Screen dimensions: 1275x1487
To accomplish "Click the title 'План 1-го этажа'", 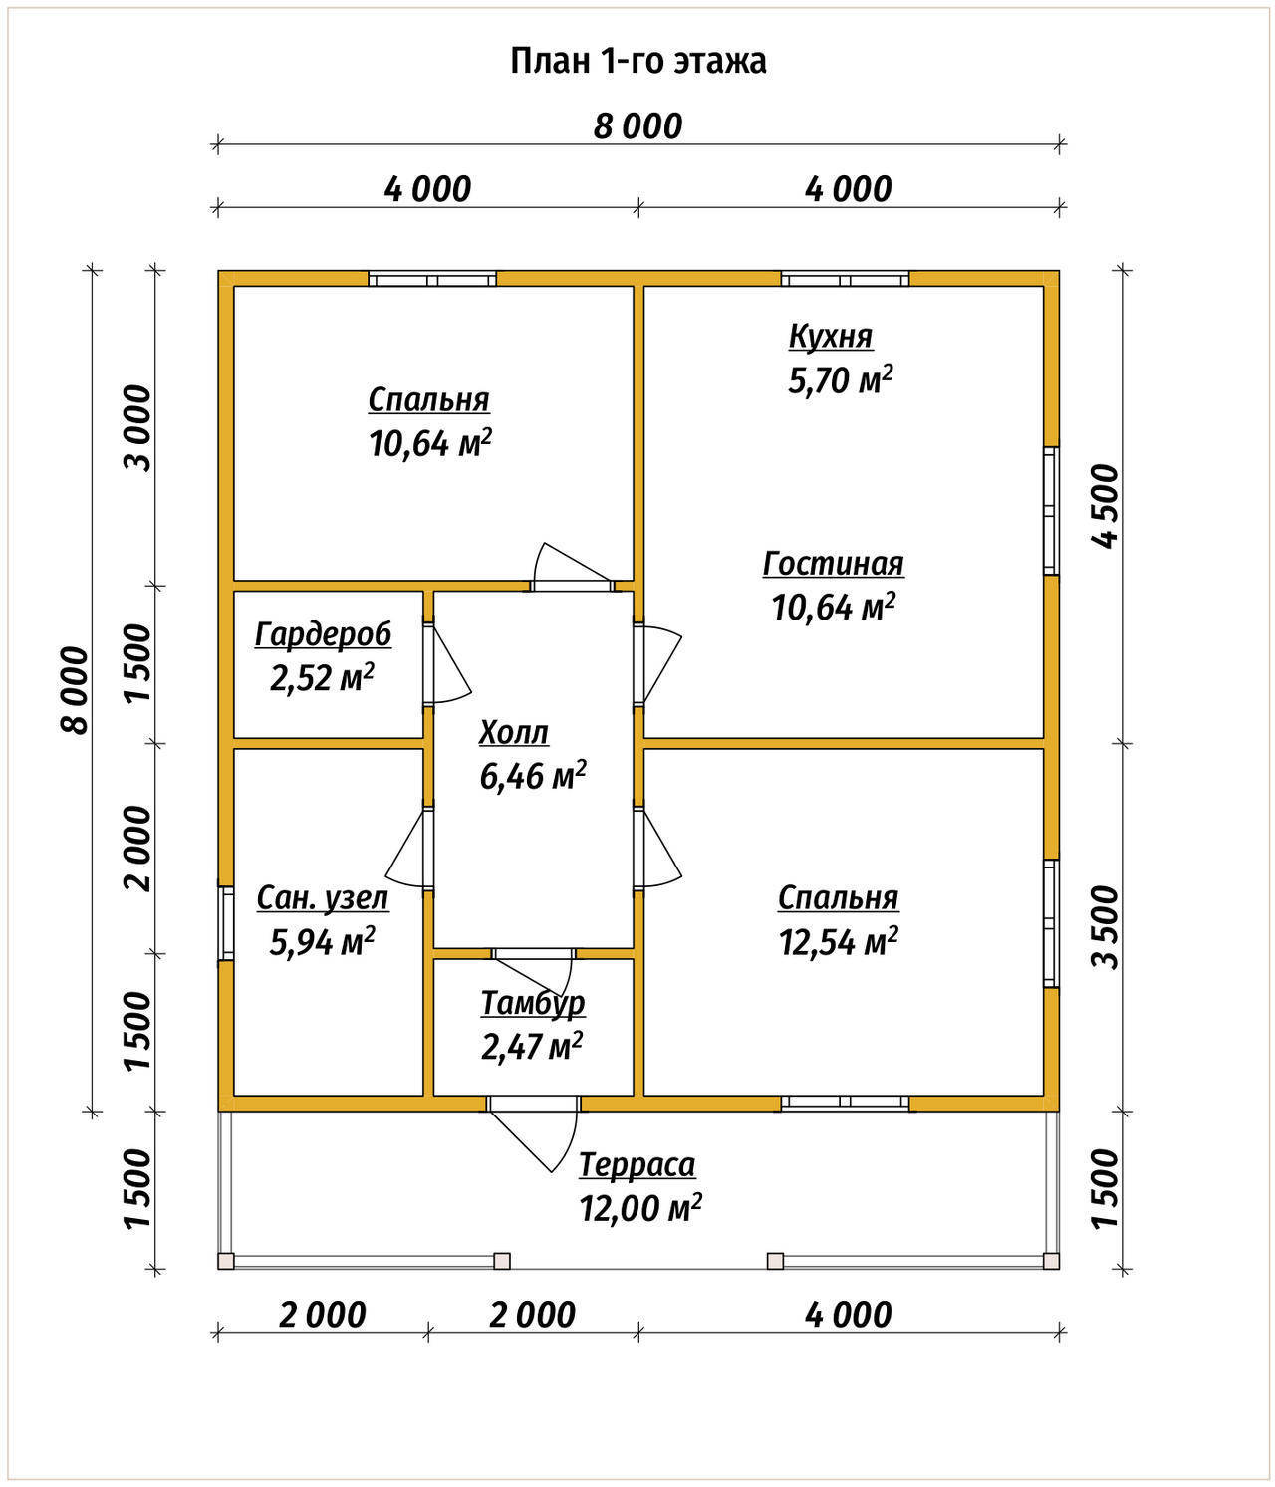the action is coord(637,62).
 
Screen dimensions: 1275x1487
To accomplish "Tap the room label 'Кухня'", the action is coord(831,337).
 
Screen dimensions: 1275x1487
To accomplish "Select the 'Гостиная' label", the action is coord(833,564).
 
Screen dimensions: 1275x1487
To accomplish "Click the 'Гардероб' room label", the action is coord(323,635).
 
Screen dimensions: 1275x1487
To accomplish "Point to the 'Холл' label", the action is coord(514,733).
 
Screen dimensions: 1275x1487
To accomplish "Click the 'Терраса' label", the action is coord(637,1166).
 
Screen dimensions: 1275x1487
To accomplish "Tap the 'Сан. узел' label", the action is coord(323,898).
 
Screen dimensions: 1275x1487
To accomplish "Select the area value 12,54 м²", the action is coord(839,941).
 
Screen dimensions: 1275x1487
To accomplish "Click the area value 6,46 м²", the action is coord(533,776).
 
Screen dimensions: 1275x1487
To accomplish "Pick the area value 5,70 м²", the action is coord(840,379).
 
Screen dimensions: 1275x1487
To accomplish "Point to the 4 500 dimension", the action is coord(1107,507).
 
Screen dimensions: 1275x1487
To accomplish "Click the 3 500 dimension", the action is coord(1107,927).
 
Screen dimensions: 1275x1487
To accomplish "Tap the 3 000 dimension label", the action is coord(138,428).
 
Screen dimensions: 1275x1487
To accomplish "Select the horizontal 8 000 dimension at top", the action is coord(637,127).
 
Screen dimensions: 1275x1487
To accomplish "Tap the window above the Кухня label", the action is coord(845,279).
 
